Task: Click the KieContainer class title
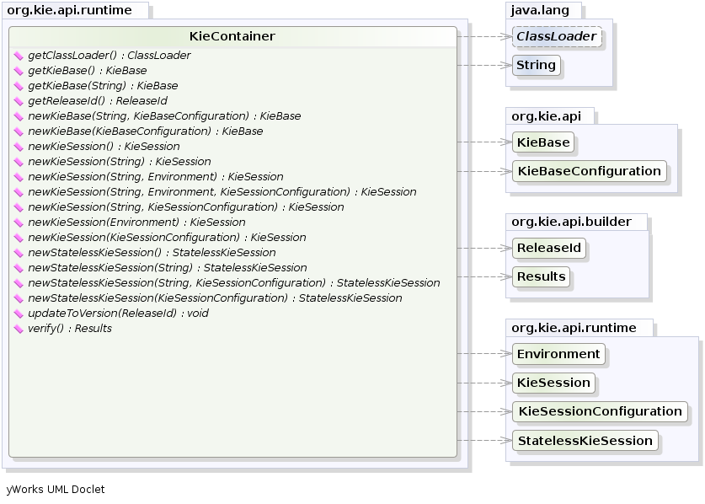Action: pyautogui.click(x=232, y=37)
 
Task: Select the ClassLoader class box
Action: pyautogui.click(x=557, y=37)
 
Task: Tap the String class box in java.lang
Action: pyautogui.click(x=536, y=65)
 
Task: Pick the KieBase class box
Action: pyautogui.click(x=543, y=142)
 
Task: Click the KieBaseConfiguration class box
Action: pyautogui.click(x=589, y=171)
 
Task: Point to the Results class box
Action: pyautogui.click(x=542, y=276)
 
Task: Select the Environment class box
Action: pyautogui.click(x=558, y=354)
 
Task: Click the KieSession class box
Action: pyautogui.click(x=553, y=383)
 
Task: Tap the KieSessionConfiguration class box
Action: pyautogui.click(x=600, y=411)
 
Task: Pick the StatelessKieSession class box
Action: pyautogui.click(x=585, y=440)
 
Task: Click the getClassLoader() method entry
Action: pyautogui.click(x=109, y=56)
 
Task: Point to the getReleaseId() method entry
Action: pyautogui.click(x=97, y=101)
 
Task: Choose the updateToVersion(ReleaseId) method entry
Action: pyautogui.click(x=118, y=314)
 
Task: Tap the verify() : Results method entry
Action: pyautogui.click(x=70, y=329)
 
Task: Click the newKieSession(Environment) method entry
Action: pyautogui.click(x=136, y=223)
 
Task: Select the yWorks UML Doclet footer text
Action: pyautogui.click(x=56, y=490)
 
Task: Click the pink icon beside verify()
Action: pyautogui.click(x=19, y=329)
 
